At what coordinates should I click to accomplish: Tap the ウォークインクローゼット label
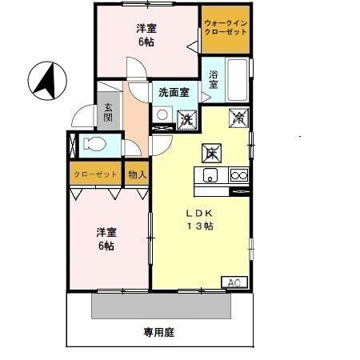(225, 29)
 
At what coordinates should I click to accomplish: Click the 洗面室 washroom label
(173, 92)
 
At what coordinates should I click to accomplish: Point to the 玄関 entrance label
(107, 111)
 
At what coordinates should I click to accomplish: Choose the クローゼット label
(95, 174)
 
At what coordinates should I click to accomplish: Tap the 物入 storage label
(136, 174)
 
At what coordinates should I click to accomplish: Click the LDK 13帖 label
(200, 220)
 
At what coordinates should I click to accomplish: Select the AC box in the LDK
(234, 282)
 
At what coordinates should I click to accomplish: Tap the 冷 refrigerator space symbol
(238, 116)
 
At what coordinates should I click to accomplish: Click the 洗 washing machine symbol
(186, 118)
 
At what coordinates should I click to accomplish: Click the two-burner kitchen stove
(238, 175)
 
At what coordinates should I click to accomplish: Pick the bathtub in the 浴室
(238, 81)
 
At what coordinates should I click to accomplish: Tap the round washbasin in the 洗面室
(162, 115)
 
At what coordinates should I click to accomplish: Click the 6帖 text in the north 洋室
(146, 42)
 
